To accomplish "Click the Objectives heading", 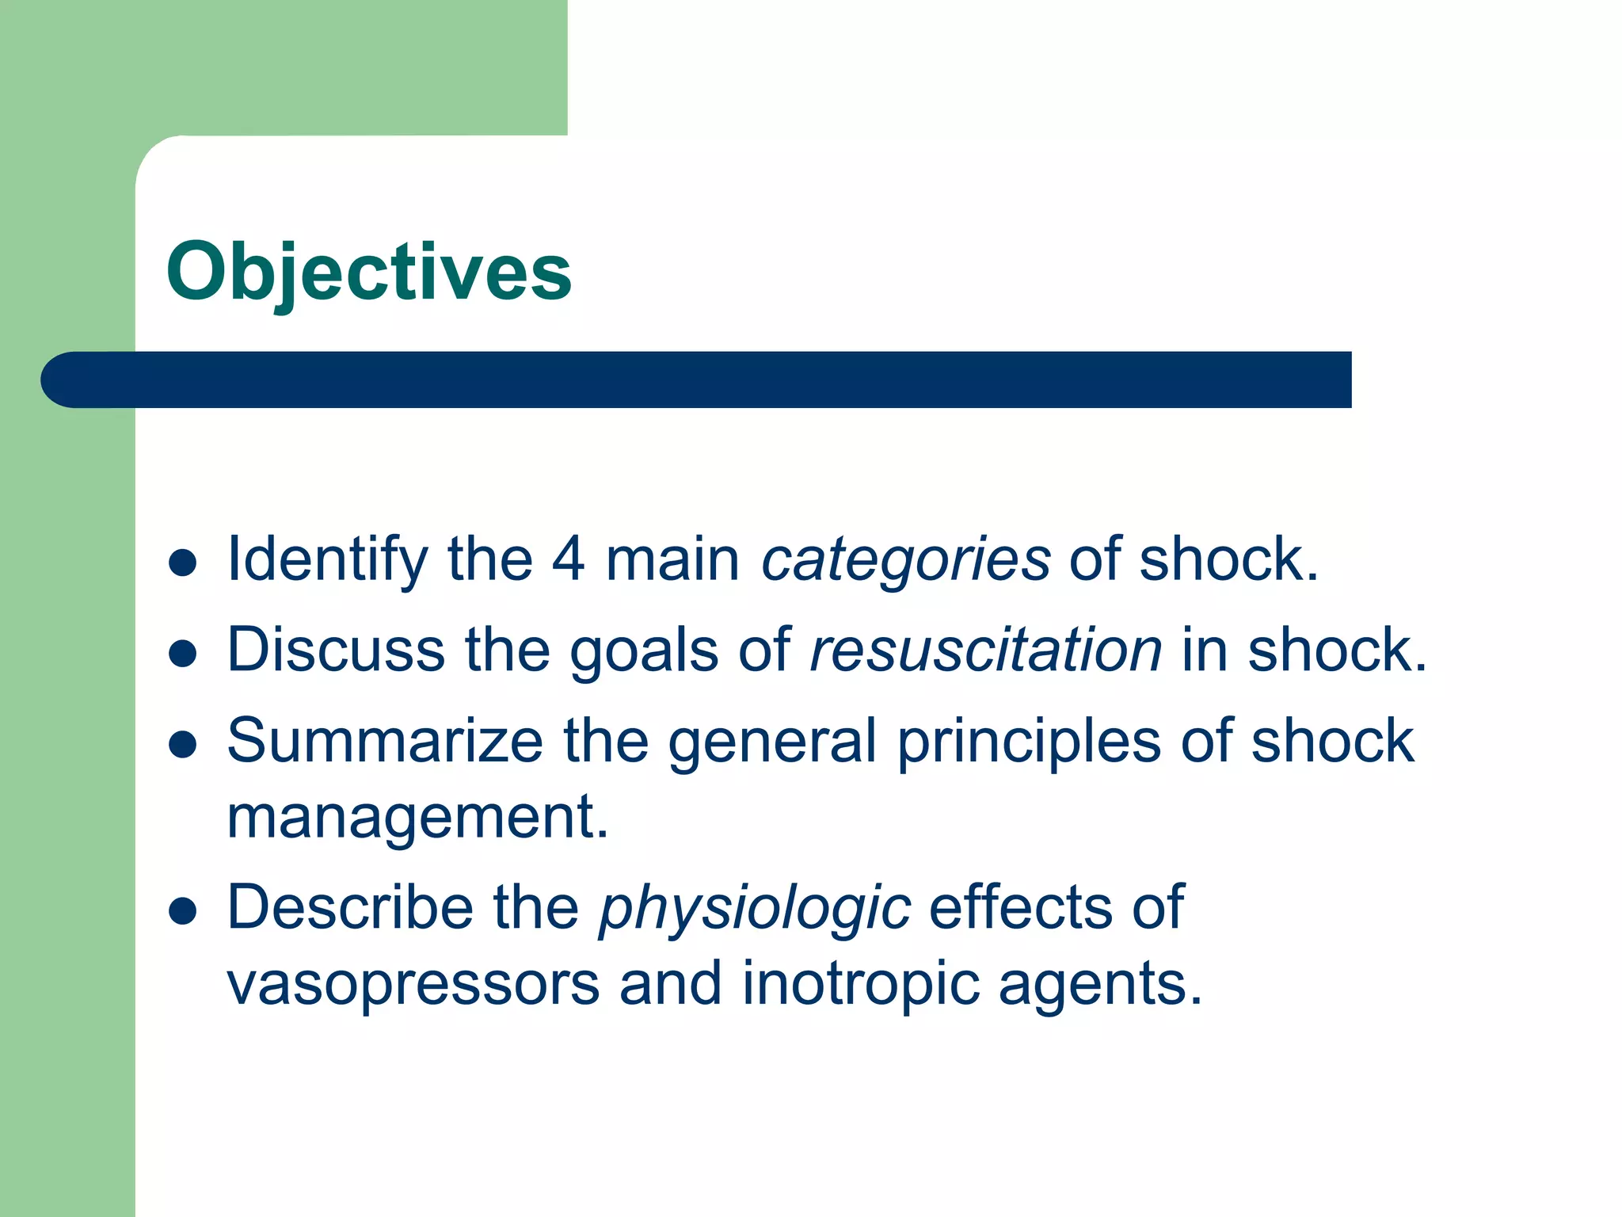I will pos(368,272).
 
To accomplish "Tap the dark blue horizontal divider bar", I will pos(697,380).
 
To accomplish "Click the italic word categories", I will pos(905,560).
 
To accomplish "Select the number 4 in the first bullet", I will pos(567,559).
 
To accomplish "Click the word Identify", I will pos(327,560).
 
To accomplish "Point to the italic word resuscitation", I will pos(985,650).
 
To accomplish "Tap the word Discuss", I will pos(336,650).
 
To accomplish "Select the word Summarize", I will pos(385,742).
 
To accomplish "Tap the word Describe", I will pos(350,907).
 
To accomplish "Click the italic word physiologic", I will pos(754,909).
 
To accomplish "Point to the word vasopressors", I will pos(413,985).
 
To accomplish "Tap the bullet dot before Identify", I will pos(183,563).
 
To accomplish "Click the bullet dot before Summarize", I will pos(183,745).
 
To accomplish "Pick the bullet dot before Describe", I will pos(183,911).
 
